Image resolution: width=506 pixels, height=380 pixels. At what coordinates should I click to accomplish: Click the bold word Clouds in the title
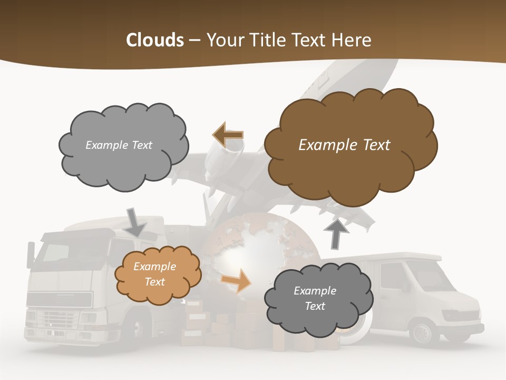(155, 40)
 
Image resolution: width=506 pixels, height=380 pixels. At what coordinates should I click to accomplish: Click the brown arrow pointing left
(228, 136)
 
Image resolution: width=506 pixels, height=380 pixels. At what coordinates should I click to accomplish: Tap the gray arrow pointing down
(135, 222)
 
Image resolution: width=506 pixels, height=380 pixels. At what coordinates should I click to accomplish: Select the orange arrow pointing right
(237, 280)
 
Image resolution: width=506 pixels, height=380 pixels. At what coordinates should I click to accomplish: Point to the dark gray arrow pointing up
(337, 233)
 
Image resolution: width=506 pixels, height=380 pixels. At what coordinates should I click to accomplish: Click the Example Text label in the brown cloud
(344, 145)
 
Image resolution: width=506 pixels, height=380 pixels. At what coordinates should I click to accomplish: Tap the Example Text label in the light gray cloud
(119, 145)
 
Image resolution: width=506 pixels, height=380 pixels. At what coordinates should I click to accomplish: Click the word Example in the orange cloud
(155, 267)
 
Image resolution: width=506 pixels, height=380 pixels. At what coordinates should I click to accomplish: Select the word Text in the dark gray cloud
(315, 306)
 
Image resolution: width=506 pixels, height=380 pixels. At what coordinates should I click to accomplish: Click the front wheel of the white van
(422, 332)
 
